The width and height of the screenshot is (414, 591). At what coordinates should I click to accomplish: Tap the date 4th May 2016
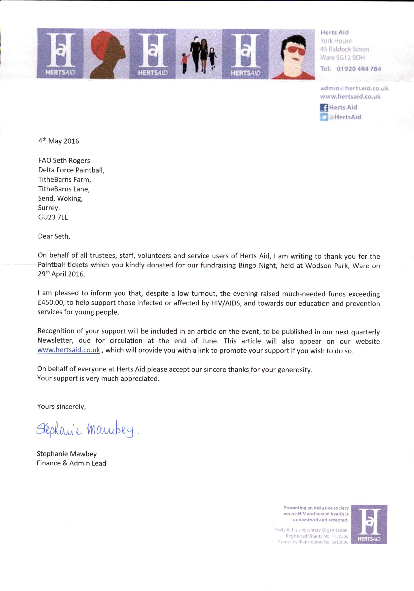[59, 141]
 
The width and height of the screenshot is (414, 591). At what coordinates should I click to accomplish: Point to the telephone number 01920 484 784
[359, 69]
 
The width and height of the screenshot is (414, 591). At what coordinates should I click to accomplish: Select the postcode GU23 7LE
[53, 217]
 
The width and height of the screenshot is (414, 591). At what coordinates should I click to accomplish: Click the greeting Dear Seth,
[54, 236]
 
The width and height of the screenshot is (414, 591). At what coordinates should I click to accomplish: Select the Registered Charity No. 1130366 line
[317, 536]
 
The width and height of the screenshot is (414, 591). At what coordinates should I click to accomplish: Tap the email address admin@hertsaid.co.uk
[354, 88]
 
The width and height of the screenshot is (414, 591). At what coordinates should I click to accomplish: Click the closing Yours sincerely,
[61, 407]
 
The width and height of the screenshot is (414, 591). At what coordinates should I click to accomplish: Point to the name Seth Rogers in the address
[71, 161]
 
